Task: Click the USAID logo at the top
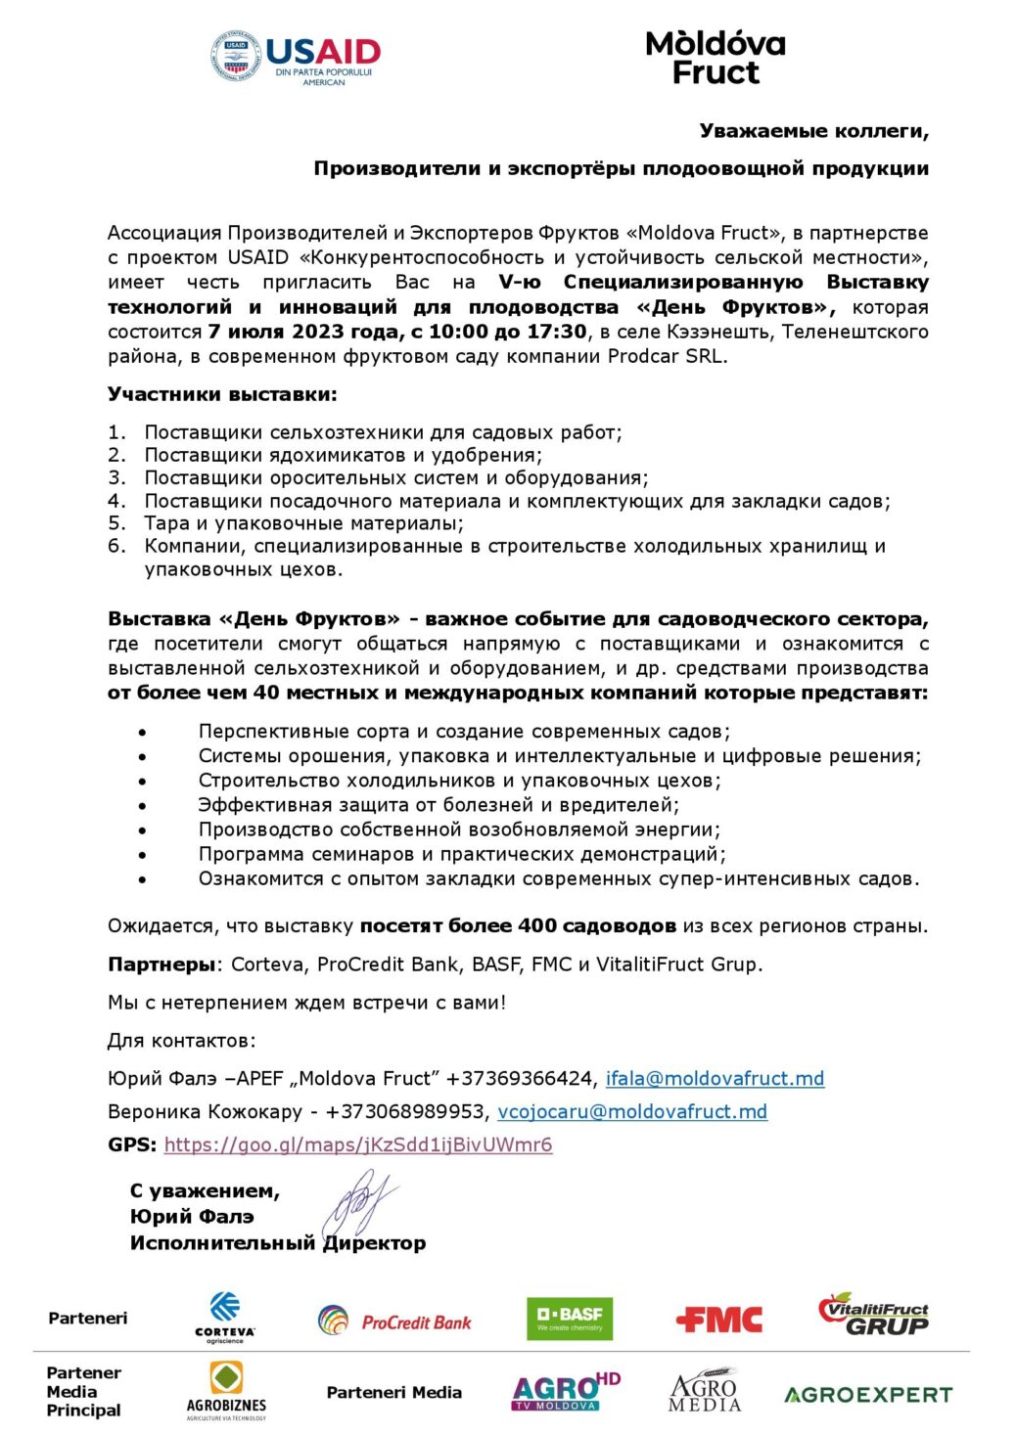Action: tap(296, 57)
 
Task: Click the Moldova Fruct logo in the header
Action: tap(716, 58)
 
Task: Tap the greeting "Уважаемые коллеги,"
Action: tap(813, 131)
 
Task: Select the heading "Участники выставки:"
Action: tap(222, 394)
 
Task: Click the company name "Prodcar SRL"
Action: tap(666, 356)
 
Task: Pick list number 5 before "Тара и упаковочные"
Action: tap(116, 523)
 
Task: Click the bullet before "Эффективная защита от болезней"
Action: tap(143, 805)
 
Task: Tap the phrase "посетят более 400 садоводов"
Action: tap(518, 925)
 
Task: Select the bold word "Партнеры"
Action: tap(161, 964)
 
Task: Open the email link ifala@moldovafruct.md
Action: tap(715, 1078)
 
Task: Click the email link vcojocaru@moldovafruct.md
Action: tap(632, 1111)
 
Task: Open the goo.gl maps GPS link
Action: tap(358, 1144)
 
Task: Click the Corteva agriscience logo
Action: tap(224, 1317)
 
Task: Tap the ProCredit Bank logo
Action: tap(394, 1321)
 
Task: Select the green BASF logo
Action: tap(570, 1318)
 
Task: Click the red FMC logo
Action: tap(718, 1320)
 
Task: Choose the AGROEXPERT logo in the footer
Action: tap(867, 1394)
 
